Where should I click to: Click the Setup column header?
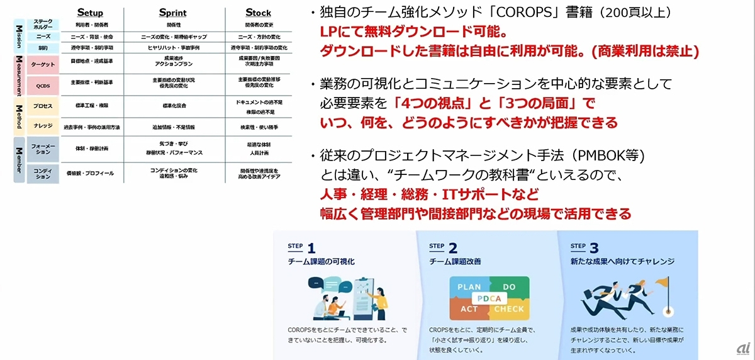click(89, 13)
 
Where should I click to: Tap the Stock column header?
click(258, 13)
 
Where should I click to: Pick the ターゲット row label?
click(43, 64)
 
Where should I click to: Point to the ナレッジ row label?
click(43, 127)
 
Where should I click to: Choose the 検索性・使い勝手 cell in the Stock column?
click(259, 127)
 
